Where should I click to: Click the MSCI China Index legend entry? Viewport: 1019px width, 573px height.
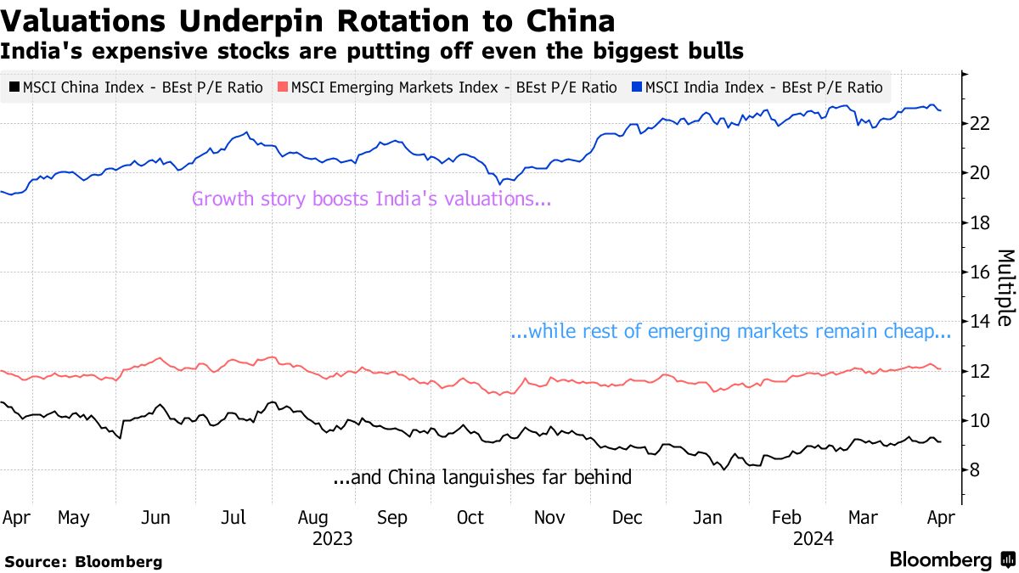click(x=137, y=87)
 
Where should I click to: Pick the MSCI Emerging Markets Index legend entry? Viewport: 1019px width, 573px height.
click(x=448, y=87)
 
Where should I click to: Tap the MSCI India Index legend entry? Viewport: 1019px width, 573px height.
click(x=757, y=87)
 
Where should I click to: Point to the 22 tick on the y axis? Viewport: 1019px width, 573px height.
click(x=981, y=124)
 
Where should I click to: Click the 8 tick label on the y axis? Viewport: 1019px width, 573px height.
click(x=977, y=470)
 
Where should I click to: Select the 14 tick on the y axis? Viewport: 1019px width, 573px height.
click(x=981, y=322)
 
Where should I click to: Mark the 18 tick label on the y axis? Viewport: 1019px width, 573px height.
click(x=981, y=223)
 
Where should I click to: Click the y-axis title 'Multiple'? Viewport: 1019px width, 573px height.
click(x=1005, y=288)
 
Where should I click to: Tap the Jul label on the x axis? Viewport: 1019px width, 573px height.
click(x=234, y=518)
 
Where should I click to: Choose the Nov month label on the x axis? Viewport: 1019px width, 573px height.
click(x=551, y=518)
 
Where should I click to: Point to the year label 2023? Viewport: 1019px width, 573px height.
click(x=333, y=539)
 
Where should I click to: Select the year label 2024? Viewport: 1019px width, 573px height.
click(x=814, y=539)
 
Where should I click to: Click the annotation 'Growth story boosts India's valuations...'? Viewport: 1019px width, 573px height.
click(x=371, y=199)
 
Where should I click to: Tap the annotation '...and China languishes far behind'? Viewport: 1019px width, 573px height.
click(x=482, y=478)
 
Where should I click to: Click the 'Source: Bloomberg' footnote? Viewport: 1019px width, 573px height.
click(x=83, y=561)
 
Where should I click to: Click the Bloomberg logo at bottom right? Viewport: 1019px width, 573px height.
click(x=951, y=560)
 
